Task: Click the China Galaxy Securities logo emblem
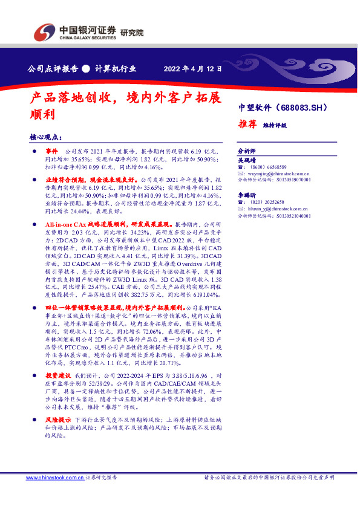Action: (x=45, y=31)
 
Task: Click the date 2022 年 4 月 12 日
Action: (x=193, y=68)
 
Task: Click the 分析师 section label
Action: (x=247, y=150)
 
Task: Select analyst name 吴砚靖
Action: (x=247, y=160)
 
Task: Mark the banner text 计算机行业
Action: (x=115, y=68)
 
